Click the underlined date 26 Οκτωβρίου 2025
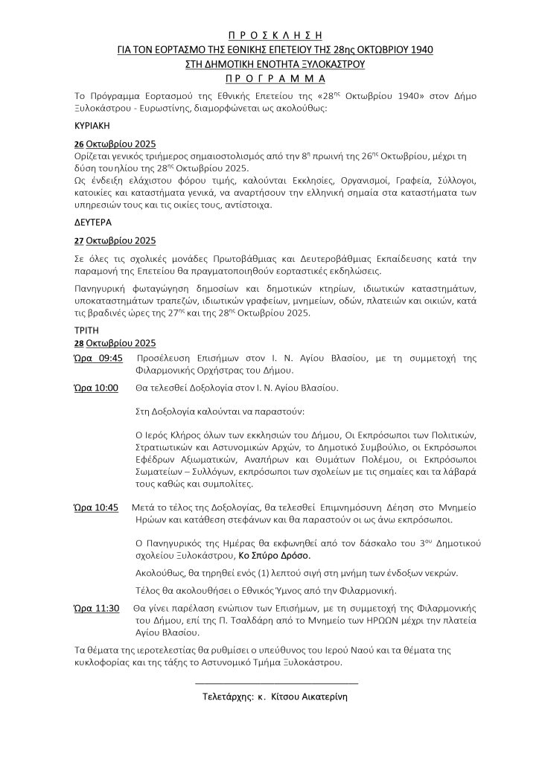[x=114, y=144]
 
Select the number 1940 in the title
[x=419, y=50]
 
